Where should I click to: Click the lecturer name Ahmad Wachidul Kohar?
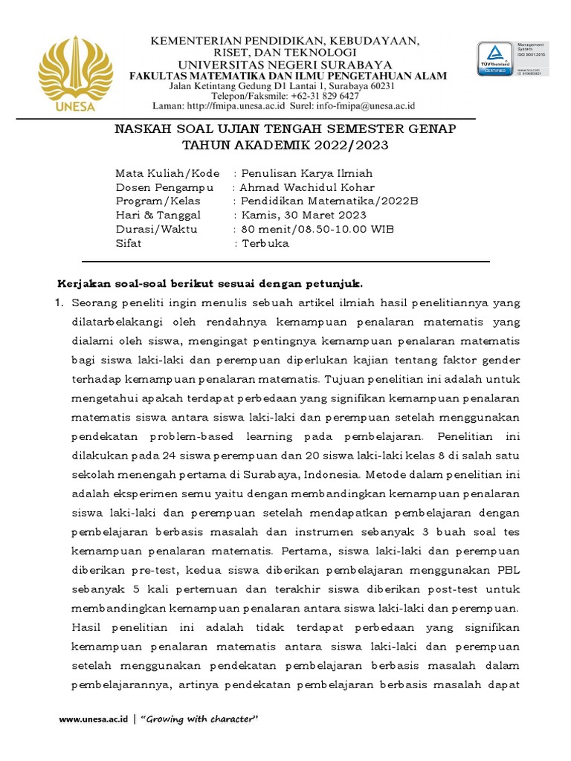[307, 187]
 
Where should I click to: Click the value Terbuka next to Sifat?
[265, 243]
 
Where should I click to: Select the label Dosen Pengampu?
[164, 187]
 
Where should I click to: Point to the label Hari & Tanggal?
[158, 216]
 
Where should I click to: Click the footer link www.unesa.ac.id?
[94, 719]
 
